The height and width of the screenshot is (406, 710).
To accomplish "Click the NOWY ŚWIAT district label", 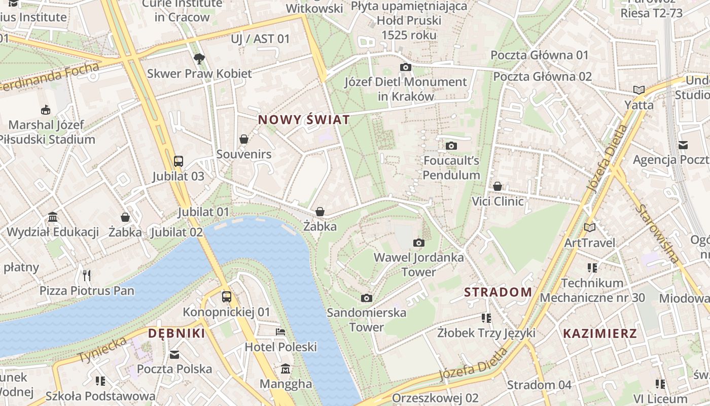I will coord(304,120).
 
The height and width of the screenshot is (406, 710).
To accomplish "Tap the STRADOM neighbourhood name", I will coord(498,292).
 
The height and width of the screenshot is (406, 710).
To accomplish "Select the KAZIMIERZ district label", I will coord(600,334).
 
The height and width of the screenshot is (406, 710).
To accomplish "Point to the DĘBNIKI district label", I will coord(176,333).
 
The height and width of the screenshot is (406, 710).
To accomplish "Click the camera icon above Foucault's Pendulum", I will coord(451,146).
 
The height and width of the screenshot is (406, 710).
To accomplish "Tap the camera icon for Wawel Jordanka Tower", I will coord(418,243).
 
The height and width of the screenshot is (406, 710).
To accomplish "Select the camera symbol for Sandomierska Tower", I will coord(366,298).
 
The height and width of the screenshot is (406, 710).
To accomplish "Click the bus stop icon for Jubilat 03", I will coord(178,161).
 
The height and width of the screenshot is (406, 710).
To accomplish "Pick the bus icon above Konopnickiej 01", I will coord(227,297).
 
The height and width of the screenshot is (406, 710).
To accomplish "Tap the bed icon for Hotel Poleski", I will coord(280,332).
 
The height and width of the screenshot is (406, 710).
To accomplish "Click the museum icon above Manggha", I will coord(286,368).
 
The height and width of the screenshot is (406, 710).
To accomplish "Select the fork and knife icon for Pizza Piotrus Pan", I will coord(87,276).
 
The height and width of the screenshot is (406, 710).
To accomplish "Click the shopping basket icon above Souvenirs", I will coord(244,139).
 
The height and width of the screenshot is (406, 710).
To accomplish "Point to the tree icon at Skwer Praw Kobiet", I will coord(199,59).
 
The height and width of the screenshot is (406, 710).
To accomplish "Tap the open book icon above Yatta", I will coord(638,90).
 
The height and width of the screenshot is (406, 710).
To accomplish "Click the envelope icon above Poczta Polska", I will coord(174,354).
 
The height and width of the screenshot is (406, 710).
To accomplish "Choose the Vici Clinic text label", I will coord(498,201).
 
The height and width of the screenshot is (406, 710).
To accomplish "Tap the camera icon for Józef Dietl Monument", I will coord(405,67).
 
